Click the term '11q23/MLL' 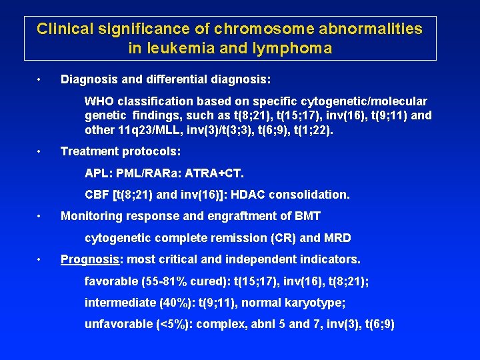pos(145,131)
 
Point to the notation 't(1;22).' pos(313,131)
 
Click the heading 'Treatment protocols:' pos(121,151)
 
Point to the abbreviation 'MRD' pos(337,237)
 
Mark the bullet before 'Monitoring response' pos(41,216)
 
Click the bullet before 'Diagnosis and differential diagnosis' pos(41,80)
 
